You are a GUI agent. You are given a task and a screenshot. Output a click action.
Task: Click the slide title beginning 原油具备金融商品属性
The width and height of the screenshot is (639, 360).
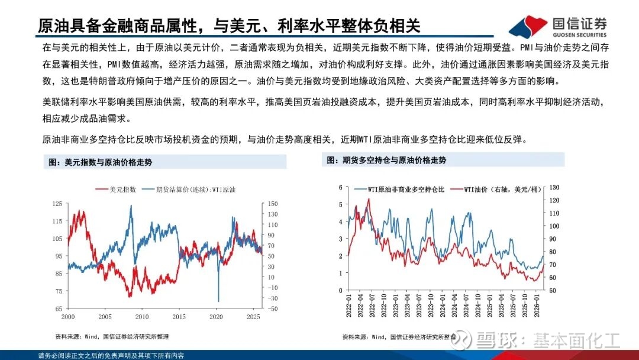tap(228, 25)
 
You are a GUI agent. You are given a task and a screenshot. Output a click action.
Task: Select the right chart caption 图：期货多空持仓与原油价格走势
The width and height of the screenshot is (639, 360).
tap(385, 160)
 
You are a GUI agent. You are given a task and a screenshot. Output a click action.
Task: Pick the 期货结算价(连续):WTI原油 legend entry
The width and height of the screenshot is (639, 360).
tap(195, 189)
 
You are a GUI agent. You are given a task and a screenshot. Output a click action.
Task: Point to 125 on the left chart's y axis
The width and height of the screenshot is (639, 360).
tap(57, 204)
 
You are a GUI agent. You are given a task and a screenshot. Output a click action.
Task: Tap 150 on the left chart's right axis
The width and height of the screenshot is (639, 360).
tap(272, 204)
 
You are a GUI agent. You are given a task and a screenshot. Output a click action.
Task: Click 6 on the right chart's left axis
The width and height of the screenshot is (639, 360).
tap(340, 188)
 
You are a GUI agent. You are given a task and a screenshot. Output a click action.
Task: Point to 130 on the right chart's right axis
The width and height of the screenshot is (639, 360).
tap(554, 188)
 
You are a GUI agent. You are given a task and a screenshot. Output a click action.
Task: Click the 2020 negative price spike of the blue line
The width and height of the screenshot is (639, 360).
tap(218, 300)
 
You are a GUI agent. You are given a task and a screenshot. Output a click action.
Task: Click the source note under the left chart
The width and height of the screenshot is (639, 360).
tap(112, 336)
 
